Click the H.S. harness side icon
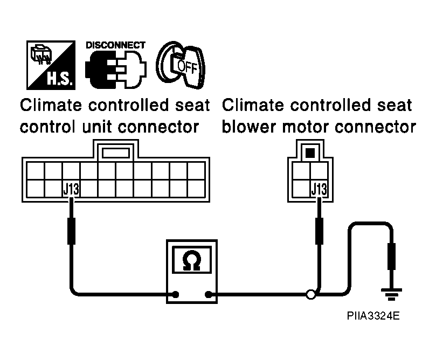pos(51,65)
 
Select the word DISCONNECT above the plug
pos(115,45)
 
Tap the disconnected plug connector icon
pos(116,70)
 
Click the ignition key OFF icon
pos(181,65)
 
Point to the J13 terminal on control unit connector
pos(71,189)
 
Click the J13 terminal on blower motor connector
pos(319,189)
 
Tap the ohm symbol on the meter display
pos(191,260)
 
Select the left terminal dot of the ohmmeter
pos(176,294)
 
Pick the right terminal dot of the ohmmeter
pos(208,294)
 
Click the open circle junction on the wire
pos(311,294)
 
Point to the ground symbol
pos(391,294)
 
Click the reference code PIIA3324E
pos(373,316)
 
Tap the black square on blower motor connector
pos(310,153)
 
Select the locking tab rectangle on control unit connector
pos(116,153)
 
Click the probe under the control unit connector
pos(72,231)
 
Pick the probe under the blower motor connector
pos(319,231)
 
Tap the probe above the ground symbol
pos(391,257)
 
